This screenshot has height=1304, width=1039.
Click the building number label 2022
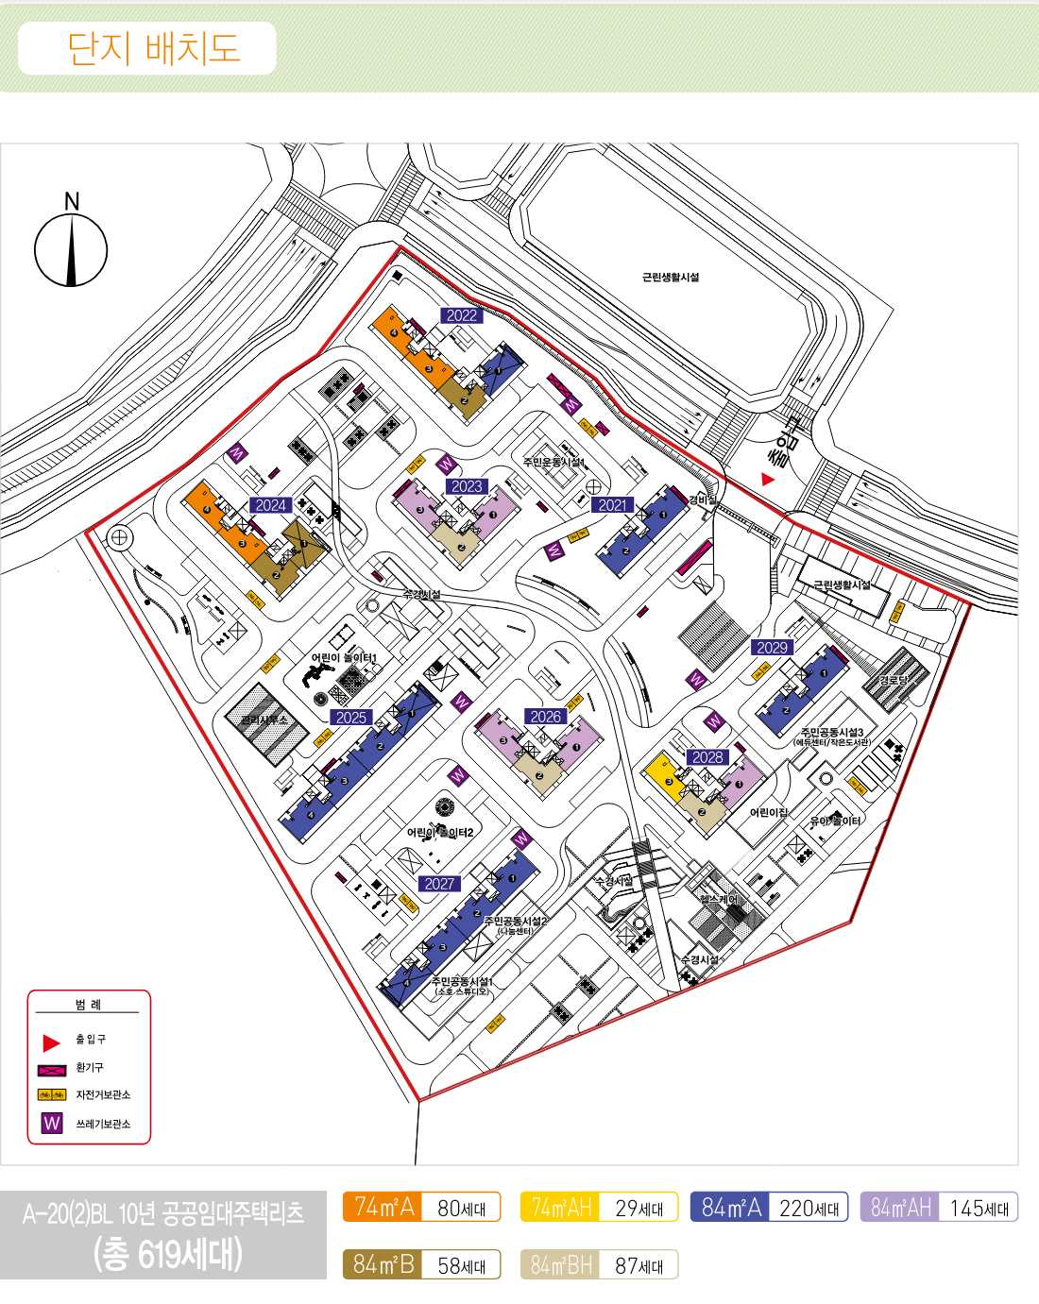462,315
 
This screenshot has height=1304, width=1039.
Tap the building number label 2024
270,505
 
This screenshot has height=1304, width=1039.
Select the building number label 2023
467,486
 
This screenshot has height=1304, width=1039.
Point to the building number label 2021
613,505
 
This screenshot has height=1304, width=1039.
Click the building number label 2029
772,647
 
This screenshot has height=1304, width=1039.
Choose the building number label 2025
350,718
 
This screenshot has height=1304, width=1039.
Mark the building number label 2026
545,717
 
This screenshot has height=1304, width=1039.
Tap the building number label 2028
707,757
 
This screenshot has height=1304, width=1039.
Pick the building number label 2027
439,884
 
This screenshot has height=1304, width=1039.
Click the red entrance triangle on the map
768,480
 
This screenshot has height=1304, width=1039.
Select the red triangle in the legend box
51,1042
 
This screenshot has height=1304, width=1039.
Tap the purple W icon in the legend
52,1124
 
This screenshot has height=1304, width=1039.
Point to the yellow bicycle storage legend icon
52,1095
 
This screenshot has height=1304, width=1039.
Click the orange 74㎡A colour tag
383,1207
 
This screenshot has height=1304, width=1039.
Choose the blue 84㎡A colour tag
730,1207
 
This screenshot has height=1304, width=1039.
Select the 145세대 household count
979,1208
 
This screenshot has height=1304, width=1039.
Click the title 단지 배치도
153,48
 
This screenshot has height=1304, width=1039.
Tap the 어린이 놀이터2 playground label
440,832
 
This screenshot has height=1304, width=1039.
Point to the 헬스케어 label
719,899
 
